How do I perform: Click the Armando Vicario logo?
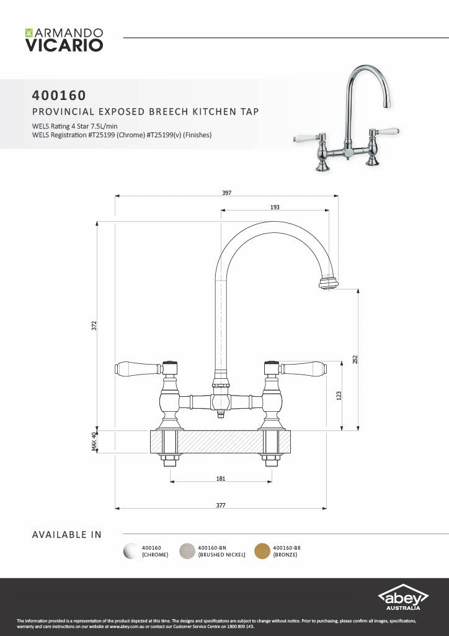pyautogui.click(x=63, y=39)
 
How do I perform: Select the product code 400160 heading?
pyautogui.click(x=59, y=96)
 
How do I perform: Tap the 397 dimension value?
pyautogui.click(x=226, y=193)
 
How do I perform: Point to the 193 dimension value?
pyautogui.click(x=275, y=207)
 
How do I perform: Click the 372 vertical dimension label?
pyautogui.click(x=94, y=325)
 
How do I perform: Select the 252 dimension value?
pyautogui.click(x=355, y=360)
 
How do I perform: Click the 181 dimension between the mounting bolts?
pyautogui.click(x=221, y=478)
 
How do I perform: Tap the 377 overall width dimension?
pyautogui.click(x=221, y=505)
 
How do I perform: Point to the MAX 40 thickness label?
pyautogui.click(x=94, y=442)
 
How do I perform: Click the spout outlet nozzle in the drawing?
pyautogui.click(x=329, y=283)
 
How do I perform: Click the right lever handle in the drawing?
pyautogui.click(x=304, y=368)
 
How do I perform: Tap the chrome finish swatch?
pyautogui.click(x=131, y=551)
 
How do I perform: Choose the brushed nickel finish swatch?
pyautogui.click(x=187, y=551)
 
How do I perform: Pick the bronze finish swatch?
pyautogui.click(x=262, y=551)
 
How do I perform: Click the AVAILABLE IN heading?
pyautogui.click(x=66, y=534)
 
